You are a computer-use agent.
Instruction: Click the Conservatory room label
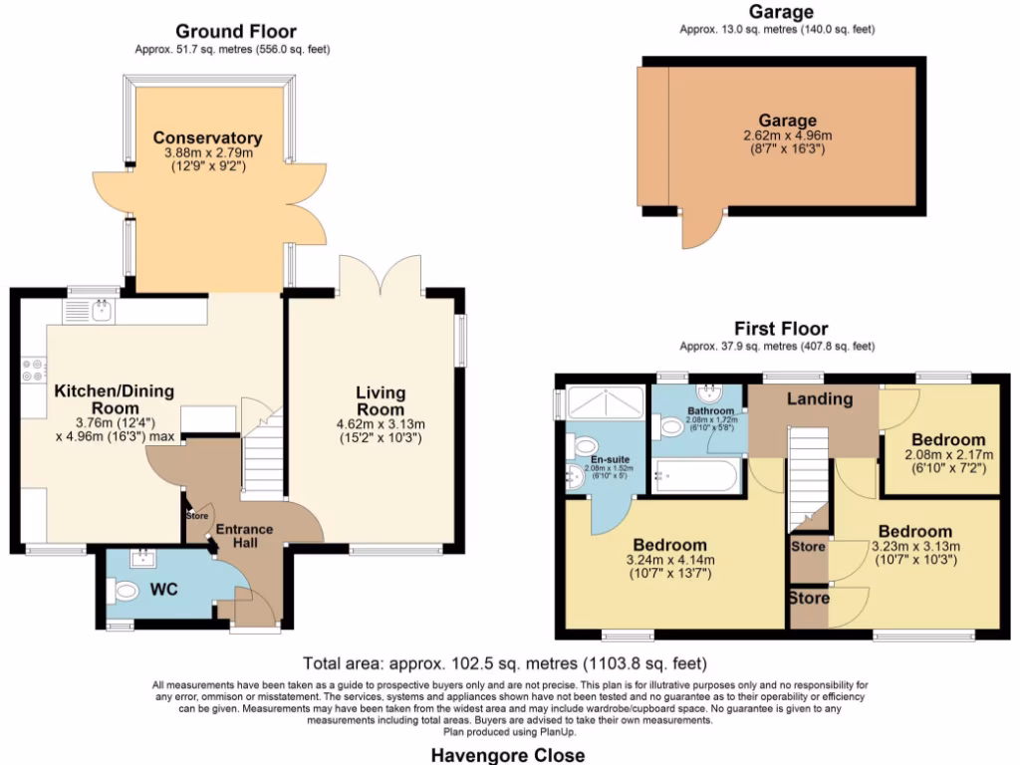(208, 138)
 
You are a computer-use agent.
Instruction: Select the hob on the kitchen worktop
(33, 371)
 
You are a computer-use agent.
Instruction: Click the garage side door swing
(698, 231)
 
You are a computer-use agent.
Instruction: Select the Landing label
(819, 399)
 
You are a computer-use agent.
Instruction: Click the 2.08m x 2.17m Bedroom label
(949, 439)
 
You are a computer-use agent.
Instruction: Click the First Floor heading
(780, 329)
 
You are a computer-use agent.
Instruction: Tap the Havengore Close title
(508, 754)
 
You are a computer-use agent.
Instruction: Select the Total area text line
(505, 662)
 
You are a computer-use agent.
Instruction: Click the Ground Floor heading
(236, 32)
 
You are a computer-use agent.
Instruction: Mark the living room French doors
(380, 273)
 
